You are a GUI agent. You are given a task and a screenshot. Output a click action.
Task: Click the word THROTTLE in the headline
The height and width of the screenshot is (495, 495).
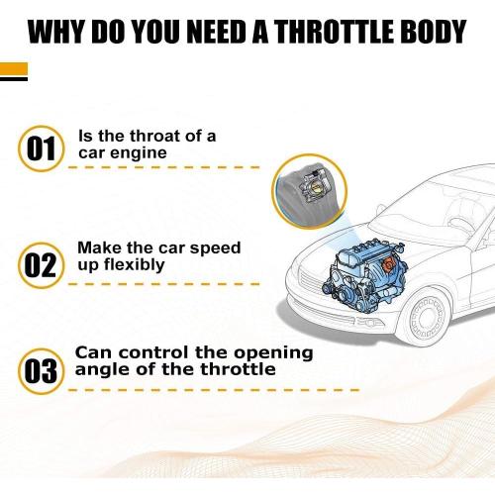coord(336,32)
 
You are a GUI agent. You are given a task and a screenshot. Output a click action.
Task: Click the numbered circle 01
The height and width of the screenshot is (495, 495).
coord(41,148)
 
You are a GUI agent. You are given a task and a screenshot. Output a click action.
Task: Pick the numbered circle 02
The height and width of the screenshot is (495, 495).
coord(41,265)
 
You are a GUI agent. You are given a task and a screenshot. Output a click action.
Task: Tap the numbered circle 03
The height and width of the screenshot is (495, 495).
coord(41,371)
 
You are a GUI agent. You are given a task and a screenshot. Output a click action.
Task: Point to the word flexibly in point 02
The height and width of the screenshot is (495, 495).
coord(135,265)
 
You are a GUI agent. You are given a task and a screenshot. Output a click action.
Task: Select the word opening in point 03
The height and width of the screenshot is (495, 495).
coord(273,353)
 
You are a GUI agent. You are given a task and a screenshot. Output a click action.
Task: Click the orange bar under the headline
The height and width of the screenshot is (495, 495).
coord(14,69)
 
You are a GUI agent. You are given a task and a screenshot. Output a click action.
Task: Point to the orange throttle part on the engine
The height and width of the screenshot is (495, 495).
coord(387,265)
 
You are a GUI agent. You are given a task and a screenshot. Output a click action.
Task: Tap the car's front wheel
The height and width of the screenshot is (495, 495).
coord(427,317)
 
